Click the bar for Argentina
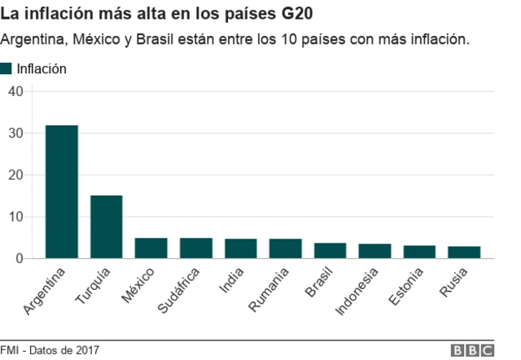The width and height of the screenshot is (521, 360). (x=61, y=192)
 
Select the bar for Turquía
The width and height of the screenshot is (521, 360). (x=106, y=227)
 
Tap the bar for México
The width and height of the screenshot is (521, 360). (x=151, y=248)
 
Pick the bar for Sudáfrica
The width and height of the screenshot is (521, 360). (x=195, y=248)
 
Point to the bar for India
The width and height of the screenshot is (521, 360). (x=240, y=248)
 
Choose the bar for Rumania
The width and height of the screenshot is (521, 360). (x=285, y=248)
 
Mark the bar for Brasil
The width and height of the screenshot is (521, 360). (x=330, y=251)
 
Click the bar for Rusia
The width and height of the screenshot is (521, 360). (x=464, y=252)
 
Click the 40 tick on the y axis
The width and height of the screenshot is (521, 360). (x=15, y=91)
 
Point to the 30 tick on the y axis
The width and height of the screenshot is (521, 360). (x=15, y=133)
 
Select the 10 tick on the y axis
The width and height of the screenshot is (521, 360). (x=15, y=217)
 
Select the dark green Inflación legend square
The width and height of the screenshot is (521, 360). (x=7, y=68)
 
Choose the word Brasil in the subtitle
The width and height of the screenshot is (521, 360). (x=152, y=39)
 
